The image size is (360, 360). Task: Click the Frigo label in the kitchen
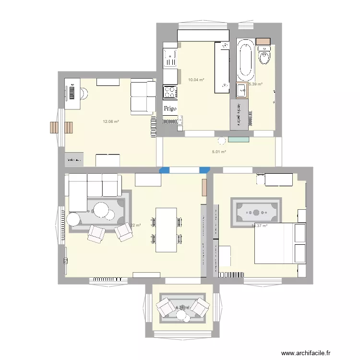(x=170, y=108)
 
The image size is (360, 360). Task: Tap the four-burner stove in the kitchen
(x=170, y=92)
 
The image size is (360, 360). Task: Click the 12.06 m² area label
(x=110, y=121)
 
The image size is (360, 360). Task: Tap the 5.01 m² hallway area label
(x=219, y=152)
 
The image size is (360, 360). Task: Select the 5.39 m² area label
(x=255, y=84)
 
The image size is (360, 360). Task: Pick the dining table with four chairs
(x=166, y=229)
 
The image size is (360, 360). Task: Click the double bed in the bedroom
(x=280, y=243)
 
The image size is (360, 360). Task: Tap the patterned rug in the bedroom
(x=256, y=212)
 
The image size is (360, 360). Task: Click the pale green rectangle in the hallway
(x=239, y=139)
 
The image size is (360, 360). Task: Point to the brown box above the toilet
(x=263, y=41)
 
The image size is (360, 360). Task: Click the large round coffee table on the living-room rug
(x=101, y=210)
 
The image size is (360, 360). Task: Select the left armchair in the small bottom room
(x=167, y=306)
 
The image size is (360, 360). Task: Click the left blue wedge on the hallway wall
(x=164, y=169)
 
